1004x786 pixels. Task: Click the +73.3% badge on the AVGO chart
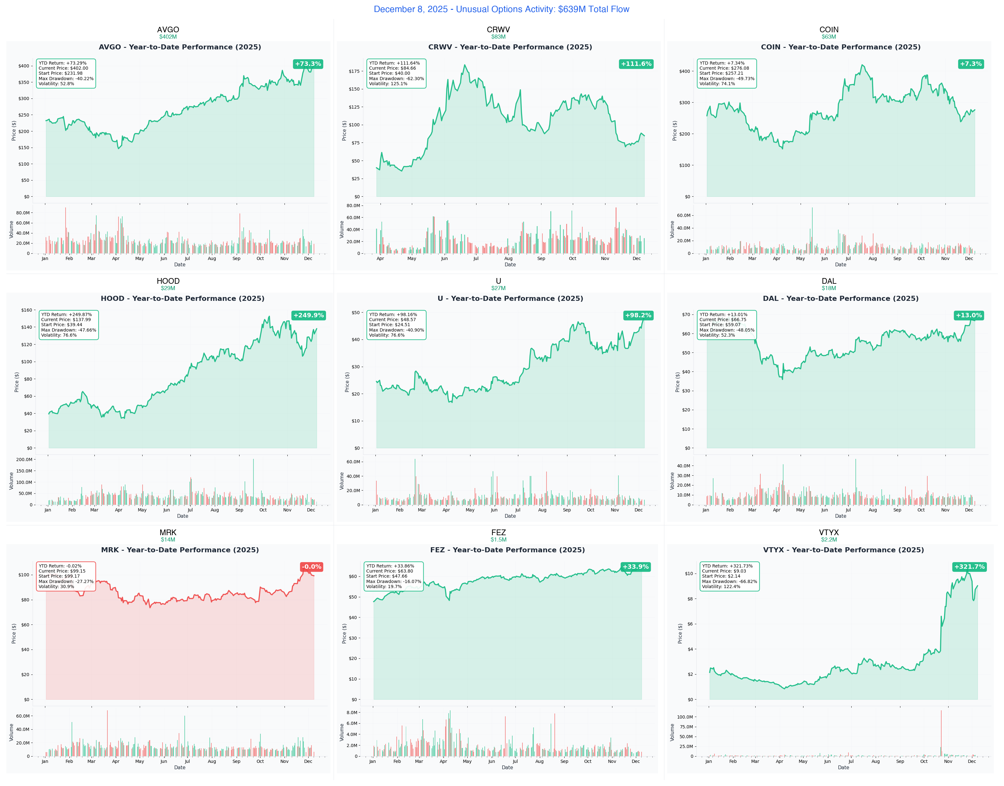(308, 64)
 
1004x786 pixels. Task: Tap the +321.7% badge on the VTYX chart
(969, 567)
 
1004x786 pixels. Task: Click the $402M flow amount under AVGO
(168, 37)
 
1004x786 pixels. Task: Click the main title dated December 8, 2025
(501, 9)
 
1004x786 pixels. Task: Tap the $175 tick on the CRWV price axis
(354, 71)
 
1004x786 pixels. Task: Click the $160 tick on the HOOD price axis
(27, 310)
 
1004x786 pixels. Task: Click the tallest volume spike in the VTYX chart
(941, 732)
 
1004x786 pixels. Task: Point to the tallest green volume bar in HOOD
(253, 481)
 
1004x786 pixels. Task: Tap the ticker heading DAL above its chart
(828, 281)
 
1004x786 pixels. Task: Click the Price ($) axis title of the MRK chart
(14, 633)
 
